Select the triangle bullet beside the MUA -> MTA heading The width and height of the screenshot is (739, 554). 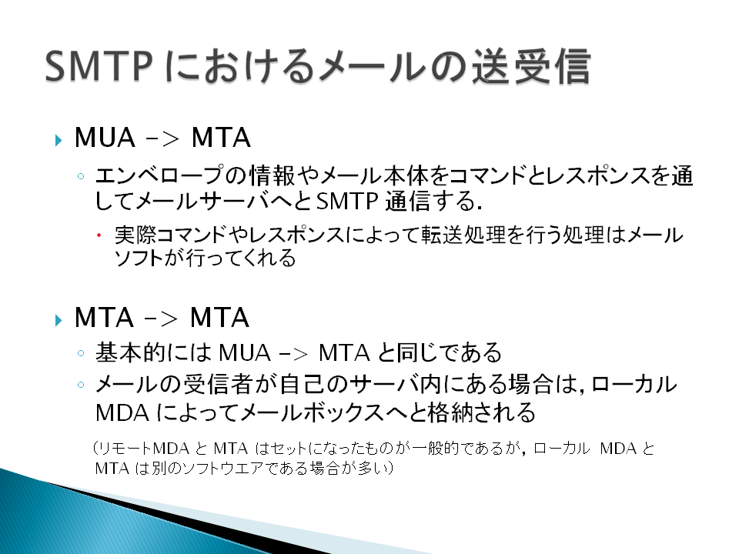[x=59, y=140]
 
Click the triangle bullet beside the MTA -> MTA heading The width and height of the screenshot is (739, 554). [x=59, y=320]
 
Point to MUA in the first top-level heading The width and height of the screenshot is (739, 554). [x=105, y=138]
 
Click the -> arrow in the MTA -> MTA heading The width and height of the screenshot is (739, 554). [x=161, y=319]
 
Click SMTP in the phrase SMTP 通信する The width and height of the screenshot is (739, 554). [x=347, y=201]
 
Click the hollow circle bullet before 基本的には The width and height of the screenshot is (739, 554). [x=81, y=353]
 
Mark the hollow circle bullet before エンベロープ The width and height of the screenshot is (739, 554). [x=81, y=176]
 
